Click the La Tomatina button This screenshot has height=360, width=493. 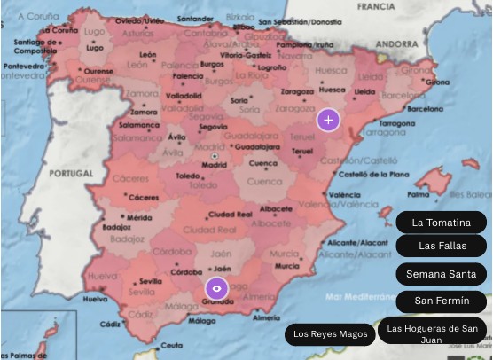point(441,222)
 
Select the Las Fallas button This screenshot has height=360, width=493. point(441,246)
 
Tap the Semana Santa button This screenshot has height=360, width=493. point(441,274)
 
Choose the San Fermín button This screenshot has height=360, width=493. point(441,301)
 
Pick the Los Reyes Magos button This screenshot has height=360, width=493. point(330,334)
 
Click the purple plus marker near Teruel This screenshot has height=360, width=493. point(329,119)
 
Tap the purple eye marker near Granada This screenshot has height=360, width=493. point(216,288)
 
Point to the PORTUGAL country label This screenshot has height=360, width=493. point(71,173)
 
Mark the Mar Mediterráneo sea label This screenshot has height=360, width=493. point(360,298)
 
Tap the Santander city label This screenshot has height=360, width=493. point(195,18)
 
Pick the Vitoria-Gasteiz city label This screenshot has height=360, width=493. point(247,54)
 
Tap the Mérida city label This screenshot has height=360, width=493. point(139,216)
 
